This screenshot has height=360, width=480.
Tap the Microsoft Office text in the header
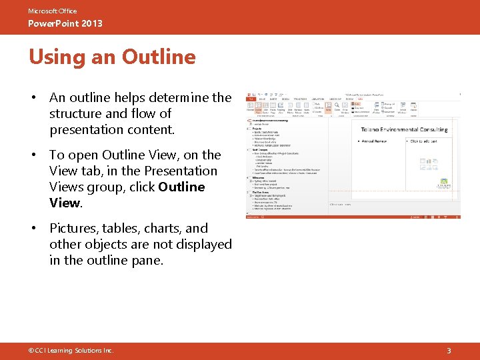tap(52, 11)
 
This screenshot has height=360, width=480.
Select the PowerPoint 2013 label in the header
tap(65, 24)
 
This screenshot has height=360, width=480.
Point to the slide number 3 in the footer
tap(449, 350)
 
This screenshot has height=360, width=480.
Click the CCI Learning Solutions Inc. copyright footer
tap(71, 350)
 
